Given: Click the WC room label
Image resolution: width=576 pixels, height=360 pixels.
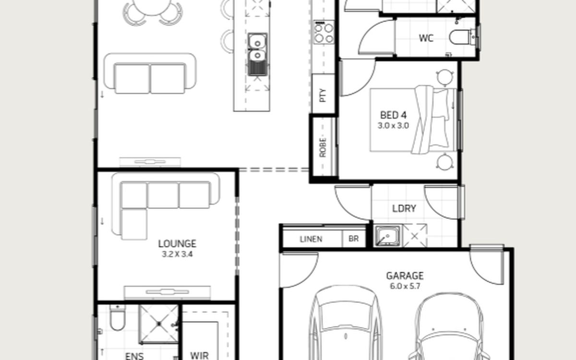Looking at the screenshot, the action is click(426, 38).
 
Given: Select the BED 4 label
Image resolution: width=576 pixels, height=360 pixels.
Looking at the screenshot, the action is click(394, 115).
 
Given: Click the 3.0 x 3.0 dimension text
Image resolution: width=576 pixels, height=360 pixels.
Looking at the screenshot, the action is click(393, 126).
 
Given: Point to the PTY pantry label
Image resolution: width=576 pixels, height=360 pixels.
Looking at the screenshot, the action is click(323, 96).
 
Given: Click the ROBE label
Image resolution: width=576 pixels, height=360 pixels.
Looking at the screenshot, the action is click(323, 148).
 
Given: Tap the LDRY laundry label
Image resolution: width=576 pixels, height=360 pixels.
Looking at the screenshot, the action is click(404, 208).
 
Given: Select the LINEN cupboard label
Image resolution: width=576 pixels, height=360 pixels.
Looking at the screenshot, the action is click(311, 239).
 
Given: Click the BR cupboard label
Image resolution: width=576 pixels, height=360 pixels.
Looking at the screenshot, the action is click(354, 239).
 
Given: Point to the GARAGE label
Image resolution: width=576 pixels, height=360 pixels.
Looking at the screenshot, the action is click(405, 276).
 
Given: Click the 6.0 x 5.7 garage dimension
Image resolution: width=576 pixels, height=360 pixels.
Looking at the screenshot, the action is click(405, 286).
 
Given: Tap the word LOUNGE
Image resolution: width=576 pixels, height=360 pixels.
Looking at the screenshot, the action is click(177, 244).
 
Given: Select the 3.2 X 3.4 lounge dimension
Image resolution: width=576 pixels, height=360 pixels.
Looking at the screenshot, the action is click(177, 254).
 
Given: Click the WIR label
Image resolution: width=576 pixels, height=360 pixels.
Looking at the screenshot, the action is click(200, 356).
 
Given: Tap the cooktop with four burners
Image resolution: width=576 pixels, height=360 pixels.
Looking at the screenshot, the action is click(324, 33).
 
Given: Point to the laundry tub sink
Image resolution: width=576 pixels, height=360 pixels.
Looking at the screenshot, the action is click(387, 236).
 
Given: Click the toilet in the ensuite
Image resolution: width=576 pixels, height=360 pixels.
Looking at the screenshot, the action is click(118, 318).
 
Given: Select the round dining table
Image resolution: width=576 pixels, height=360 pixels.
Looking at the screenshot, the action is click(152, 6).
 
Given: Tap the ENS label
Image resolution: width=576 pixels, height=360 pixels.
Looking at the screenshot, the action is click(134, 356).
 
